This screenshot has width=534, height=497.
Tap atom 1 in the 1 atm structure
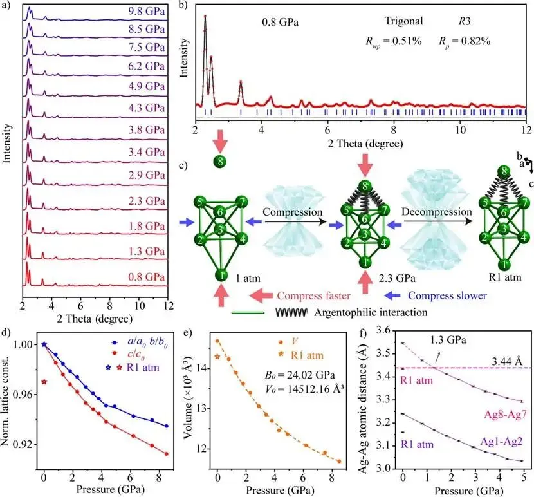pos(220,276)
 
